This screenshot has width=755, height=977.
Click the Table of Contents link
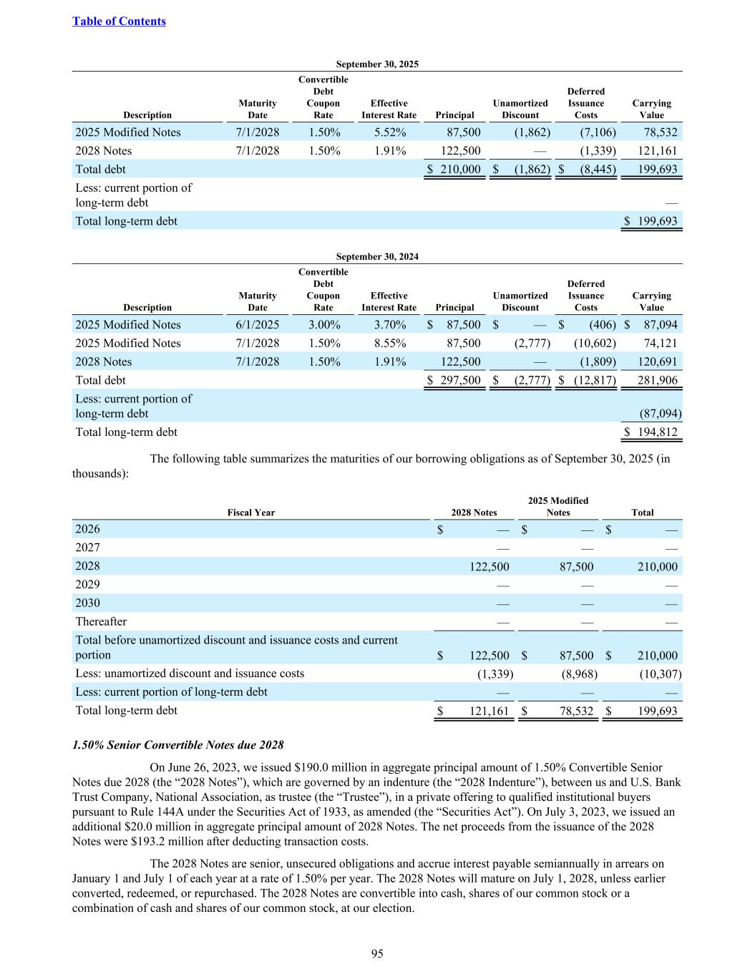tap(119, 21)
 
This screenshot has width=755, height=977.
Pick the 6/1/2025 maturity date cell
tap(257, 325)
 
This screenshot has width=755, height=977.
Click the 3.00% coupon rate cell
tap(323, 325)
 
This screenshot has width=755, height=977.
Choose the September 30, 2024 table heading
tap(377, 256)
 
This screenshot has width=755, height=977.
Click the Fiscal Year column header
tap(250, 512)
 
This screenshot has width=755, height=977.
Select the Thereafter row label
tap(101, 621)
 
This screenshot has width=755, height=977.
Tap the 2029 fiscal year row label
tap(87, 584)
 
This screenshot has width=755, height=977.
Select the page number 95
tap(377, 953)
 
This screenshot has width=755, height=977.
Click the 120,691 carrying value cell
tap(657, 362)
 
